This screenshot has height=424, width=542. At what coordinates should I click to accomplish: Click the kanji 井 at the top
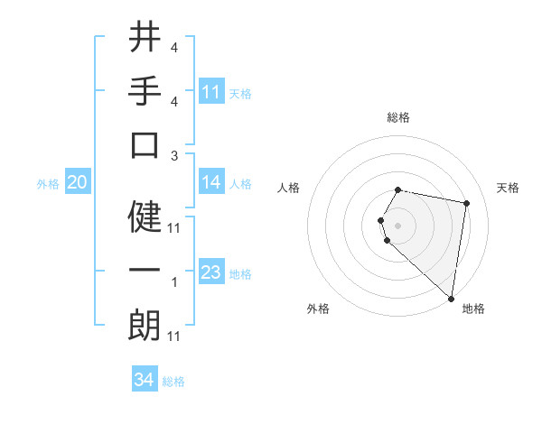[x=145, y=37]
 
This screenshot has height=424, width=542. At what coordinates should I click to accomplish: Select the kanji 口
[x=145, y=145]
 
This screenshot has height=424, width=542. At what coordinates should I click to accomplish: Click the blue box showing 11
[x=211, y=92]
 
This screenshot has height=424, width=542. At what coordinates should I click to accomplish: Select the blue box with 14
[x=211, y=182]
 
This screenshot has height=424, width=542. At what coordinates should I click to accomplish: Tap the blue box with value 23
[x=211, y=272]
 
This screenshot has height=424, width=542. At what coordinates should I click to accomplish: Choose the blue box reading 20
[x=77, y=182]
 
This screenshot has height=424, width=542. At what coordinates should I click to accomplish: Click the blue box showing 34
[x=144, y=380]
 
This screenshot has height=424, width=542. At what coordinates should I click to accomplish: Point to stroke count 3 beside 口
[x=174, y=155]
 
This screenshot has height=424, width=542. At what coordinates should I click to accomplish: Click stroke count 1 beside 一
[x=174, y=282]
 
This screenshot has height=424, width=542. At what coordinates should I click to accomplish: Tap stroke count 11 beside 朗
[x=174, y=336]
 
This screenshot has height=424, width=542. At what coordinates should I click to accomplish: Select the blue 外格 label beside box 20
[x=48, y=183]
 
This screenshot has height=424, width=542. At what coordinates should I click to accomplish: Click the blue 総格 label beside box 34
[x=174, y=382]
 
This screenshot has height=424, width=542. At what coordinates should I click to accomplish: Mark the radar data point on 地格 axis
[x=452, y=299]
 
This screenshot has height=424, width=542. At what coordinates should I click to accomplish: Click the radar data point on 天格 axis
[x=466, y=203]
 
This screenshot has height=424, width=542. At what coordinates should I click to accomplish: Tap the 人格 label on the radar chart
[x=289, y=189]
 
